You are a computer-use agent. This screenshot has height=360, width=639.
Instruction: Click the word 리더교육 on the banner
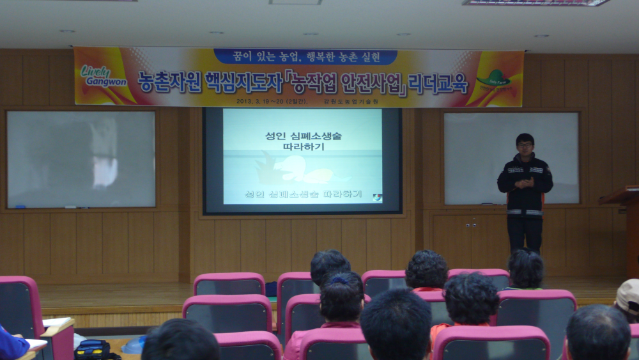point(439,83)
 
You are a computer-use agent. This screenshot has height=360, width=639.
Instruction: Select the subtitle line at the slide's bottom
point(303,193)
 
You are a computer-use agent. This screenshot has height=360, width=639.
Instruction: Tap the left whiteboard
point(81,159)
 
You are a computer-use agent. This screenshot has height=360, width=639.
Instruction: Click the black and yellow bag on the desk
point(93,349)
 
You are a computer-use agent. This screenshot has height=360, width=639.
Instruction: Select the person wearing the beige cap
point(627,299)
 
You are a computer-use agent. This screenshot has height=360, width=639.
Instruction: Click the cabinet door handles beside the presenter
point(471,224)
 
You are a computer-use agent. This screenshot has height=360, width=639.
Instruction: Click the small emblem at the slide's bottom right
point(377,198)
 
